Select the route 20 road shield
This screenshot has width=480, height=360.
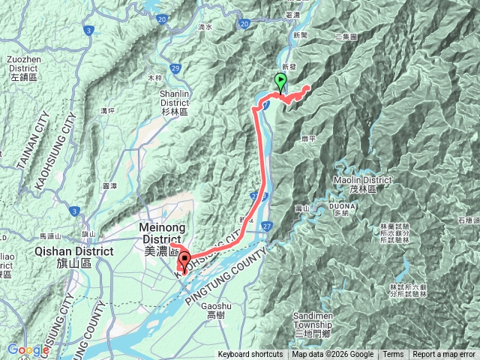point(244,25)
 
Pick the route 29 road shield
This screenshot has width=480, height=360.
point(175,68)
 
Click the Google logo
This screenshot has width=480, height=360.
point(28,349)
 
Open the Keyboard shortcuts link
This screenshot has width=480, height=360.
point(250,355)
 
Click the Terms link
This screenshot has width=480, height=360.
point(393,355)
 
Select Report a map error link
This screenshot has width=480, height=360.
point(445,355)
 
